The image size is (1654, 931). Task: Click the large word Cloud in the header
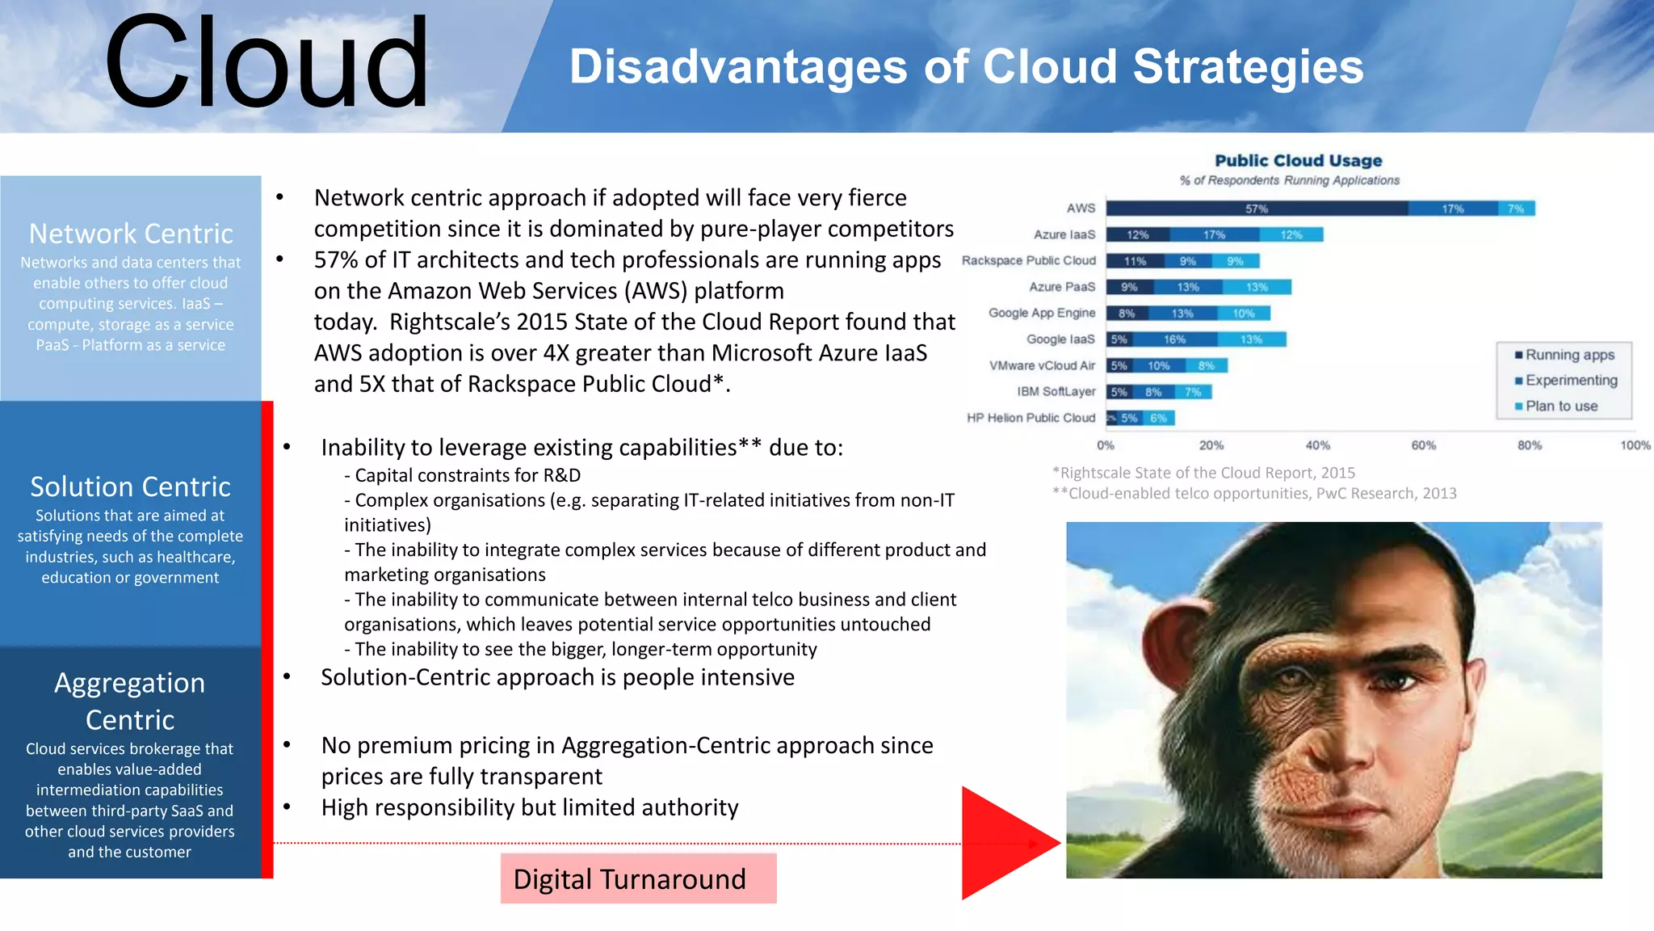click(x=267, y=65)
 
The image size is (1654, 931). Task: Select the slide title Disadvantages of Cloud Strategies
click(x=966, y=66)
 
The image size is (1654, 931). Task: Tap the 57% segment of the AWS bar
click(x=1256, y=209)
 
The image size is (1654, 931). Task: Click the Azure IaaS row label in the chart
click(x=1064, y=234)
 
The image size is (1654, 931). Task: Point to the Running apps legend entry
click(x=1568, y=355)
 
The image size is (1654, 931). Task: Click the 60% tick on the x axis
click(x=1423, y=445)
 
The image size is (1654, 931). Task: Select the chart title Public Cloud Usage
click(x=1298, y=161)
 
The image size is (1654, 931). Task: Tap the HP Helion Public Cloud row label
click(x=1031, y=418)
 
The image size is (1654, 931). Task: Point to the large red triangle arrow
click(x=1001, y=843)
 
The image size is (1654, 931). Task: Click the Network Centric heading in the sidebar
click(x=131, y=234)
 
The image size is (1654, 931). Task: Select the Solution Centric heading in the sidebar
click(x=131, y=487)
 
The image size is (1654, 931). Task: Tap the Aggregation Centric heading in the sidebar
click(x=130, y=701)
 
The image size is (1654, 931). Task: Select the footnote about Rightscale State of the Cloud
click(x=1203, y=473)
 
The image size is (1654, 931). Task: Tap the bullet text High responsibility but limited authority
click(x=529, y=807)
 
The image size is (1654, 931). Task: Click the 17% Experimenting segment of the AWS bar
click(x=1452, y=209)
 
